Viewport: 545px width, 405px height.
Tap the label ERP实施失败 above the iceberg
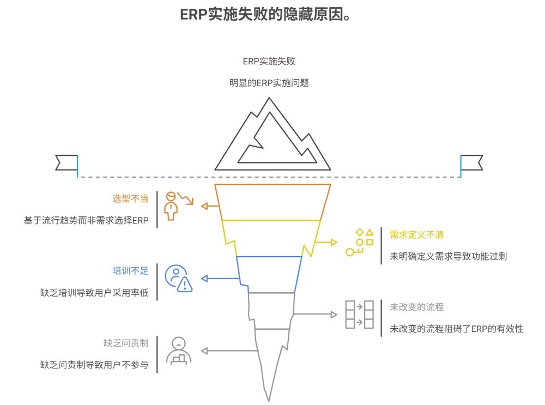[269, 62]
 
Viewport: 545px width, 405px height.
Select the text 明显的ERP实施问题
[269, 83]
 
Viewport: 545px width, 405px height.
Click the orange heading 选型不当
[130, 198]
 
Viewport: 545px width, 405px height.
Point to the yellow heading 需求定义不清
[416, 234]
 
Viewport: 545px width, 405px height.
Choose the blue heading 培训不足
[130, 271]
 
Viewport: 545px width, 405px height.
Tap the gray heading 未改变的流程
[416, 307]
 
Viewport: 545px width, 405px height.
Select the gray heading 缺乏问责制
[126, 343]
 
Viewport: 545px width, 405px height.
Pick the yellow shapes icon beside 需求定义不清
[360, 243]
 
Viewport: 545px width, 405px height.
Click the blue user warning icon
[179, 279]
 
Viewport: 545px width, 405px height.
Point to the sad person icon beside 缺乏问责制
[178, 350]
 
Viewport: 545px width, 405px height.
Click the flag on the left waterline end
[66, 163]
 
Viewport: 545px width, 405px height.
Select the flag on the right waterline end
[471, 163]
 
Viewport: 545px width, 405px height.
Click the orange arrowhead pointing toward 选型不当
[204, 206]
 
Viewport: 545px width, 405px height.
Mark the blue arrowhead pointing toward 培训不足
[204, 279]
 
